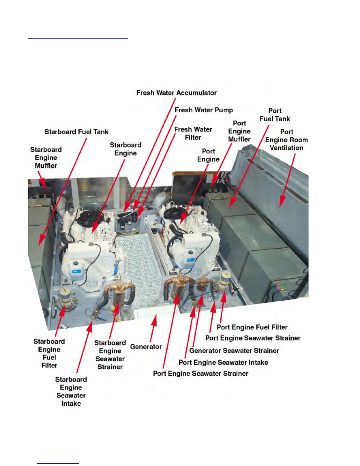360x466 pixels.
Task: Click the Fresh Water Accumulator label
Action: pos(176,93)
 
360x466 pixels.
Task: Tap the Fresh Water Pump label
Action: pos(204,110)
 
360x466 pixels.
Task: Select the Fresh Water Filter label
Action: pos(193,133)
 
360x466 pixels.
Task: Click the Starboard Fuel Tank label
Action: pos(76,132)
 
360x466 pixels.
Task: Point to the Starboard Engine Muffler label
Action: pos(46,158)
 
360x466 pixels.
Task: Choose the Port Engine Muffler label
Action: pos(239,131)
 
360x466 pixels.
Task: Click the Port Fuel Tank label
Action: pos(275,115)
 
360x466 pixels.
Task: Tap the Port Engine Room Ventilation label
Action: pos(286,140)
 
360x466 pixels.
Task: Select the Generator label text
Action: pos(146,347)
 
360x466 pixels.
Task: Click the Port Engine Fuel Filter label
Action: pos(252,327)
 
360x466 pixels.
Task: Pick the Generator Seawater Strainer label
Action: pos(234,351)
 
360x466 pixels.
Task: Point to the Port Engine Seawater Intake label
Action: pos(223,362)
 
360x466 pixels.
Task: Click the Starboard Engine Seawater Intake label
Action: pos(71,391)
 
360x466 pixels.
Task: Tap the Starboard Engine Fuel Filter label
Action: pos(49,353)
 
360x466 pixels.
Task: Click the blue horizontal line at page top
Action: pos(78,38)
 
